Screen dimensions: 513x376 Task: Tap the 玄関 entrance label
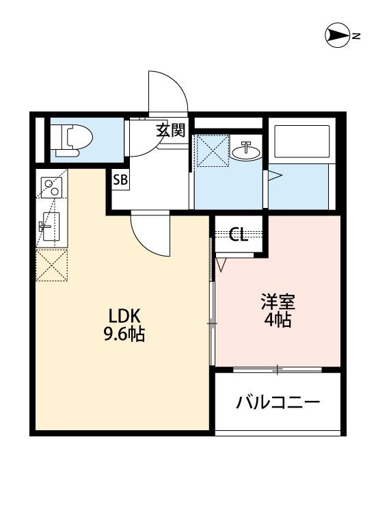click(171, 130)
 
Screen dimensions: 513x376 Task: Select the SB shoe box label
click(120, 181)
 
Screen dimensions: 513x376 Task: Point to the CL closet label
click(238, 235)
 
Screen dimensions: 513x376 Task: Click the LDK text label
click(124, 317)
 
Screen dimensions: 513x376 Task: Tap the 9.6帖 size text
click(124, 335)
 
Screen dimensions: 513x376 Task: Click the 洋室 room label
click(278, 302)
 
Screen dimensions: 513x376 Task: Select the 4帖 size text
click(278, 319)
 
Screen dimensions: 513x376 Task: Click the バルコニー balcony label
click(278, 402)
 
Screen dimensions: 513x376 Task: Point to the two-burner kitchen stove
click(51, 185)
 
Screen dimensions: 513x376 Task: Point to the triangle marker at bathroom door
click(274, 176)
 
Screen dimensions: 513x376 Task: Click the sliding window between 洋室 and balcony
click(277, 369)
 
